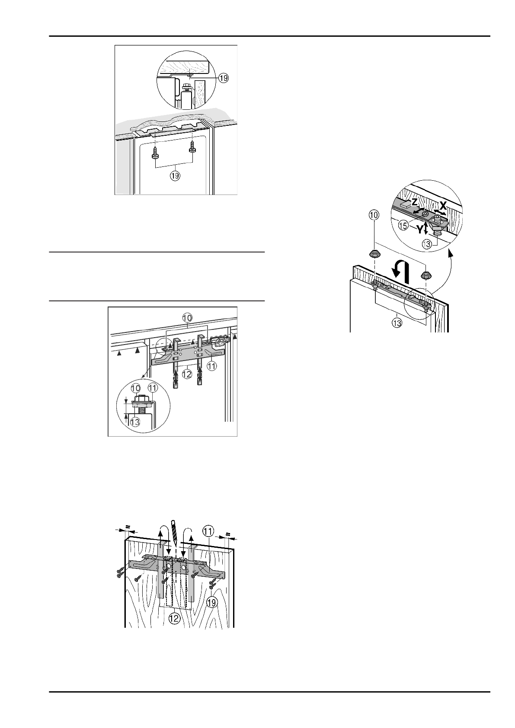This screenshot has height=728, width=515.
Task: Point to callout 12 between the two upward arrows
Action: pos(187,375)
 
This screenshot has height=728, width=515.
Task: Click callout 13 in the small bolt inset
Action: pos(135,421)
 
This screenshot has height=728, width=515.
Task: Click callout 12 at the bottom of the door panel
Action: pos(174,619)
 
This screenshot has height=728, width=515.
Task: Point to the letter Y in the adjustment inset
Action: pos(420,230)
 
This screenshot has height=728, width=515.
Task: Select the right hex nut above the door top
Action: pos(426,274)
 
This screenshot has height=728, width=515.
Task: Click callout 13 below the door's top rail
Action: pos(397,323)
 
